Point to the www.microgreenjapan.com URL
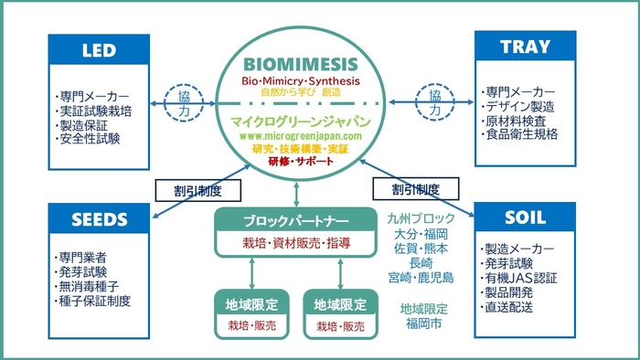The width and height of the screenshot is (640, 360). point(301,135)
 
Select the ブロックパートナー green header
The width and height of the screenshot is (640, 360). point(294,221)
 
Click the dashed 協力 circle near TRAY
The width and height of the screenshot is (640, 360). point(434,101)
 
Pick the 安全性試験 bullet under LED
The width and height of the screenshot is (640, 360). point(88,140)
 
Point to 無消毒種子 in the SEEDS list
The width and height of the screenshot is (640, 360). point(88,286)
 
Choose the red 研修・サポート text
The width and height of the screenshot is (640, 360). point(301,162)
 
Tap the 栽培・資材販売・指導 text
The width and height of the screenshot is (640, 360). point(294,244)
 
